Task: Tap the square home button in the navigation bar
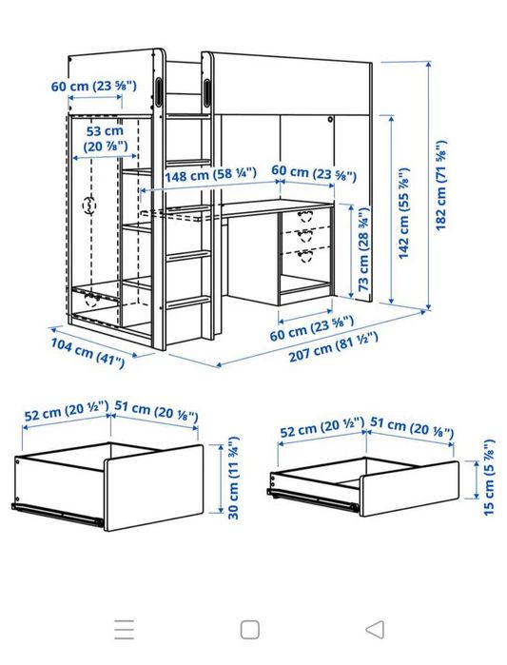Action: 249,628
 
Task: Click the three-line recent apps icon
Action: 124,628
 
